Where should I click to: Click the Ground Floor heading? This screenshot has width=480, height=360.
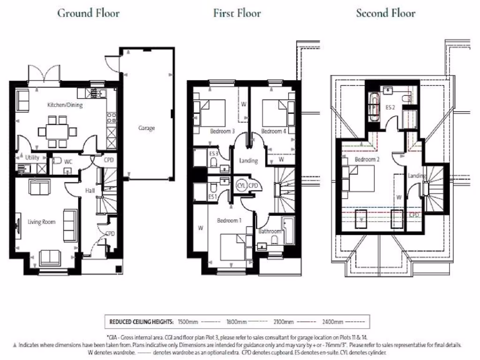pyautogui.click(x=88, y=13)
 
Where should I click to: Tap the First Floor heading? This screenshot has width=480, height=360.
pyautogui.click(x=237, y=13)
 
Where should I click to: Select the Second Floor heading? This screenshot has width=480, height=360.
pyautogui.click(x=385, y=13)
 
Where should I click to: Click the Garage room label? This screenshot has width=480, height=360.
pyautogui.click(x=146, y=127)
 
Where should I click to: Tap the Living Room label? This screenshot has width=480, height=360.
pyautogui.click(x=42, y=222)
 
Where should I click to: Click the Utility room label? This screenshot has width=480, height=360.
pyautogui.click(x=32, y=157)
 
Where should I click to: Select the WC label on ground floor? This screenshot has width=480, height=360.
pyautogui.click(x=68, y=161)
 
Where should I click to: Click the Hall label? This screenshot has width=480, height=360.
pyautogui.click(x=90, y=191)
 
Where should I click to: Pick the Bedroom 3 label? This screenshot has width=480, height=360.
pyautogui.click(x=223, y=131)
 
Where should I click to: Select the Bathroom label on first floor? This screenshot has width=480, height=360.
pyautogui.click(x=270, y=231)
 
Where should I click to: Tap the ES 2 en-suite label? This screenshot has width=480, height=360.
pyautogui.click(x=390, y=107)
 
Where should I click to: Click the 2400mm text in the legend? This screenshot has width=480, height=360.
pyautogui.click(x=332, y=322)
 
